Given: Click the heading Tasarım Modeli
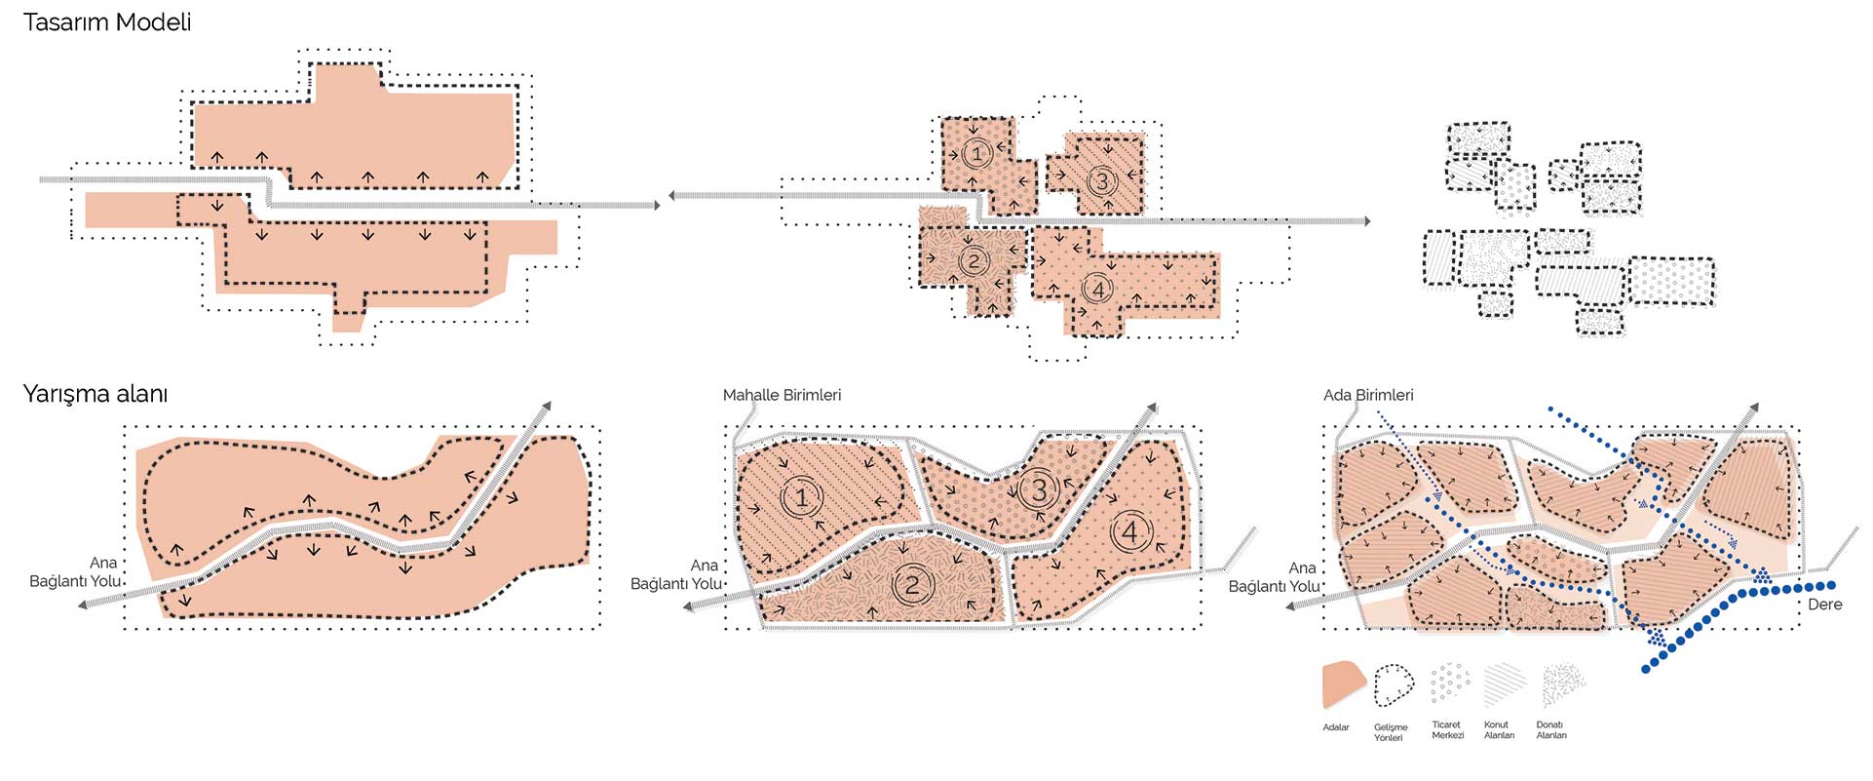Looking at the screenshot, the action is pos(107,22).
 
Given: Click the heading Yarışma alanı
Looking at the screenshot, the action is pos(96,394).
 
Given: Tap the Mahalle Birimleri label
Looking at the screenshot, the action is pos(782,395).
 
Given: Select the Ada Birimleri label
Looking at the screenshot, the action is pos(1368,395).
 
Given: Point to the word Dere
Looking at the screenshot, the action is pos(1824,605).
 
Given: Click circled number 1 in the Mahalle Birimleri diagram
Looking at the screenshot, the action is pos(801,498).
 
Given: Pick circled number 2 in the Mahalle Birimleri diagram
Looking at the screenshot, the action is pos(912,584).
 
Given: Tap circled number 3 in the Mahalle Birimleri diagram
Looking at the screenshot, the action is pos(1039,488).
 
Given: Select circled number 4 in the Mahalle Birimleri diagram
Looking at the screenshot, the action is pos(1130,531).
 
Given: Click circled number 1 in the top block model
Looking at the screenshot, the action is pos(977,153).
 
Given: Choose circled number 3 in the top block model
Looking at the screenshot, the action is pos(1102,180).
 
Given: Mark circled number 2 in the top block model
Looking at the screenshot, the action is pos(974,260).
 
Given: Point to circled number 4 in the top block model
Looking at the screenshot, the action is pos(1098,289).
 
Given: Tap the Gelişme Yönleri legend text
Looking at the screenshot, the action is pos(1391,732).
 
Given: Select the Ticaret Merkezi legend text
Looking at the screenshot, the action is pos(1447,730).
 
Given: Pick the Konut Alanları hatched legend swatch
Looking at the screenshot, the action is pos(1504,684).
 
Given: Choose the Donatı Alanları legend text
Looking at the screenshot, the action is pos(1551,730).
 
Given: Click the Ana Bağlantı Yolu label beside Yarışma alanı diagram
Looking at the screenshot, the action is pos(75,572).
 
